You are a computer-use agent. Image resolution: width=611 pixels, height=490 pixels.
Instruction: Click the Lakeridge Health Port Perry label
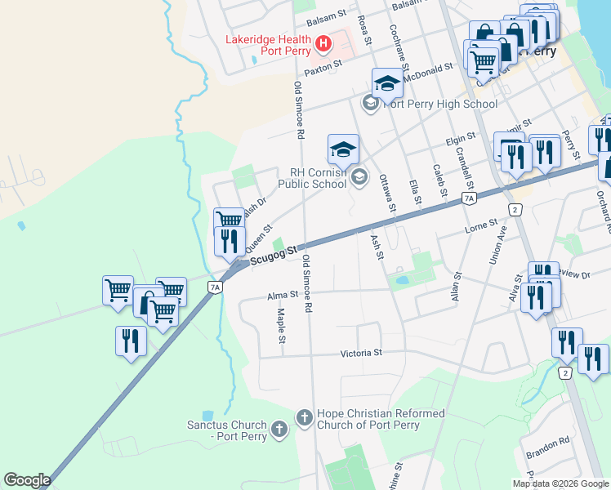click(268, 45)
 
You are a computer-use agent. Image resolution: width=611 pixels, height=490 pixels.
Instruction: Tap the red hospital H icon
click(323, 42)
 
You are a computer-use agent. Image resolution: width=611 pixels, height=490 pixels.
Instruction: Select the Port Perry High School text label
click(439, 104)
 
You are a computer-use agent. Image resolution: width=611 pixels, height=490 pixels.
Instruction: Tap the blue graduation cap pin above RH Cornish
click(343, 149)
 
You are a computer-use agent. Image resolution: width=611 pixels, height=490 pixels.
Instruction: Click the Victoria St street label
click(361, 354)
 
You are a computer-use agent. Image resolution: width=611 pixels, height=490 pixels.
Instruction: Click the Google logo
click(27, 480)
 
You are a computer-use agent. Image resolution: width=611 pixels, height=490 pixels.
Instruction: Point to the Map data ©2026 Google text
click(560, 483)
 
